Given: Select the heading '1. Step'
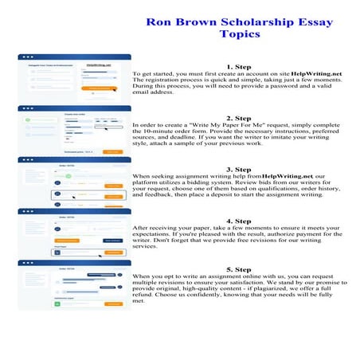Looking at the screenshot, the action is pos(239,67).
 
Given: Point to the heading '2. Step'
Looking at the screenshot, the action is pos(239,118).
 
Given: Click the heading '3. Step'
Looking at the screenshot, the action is pos(239,169).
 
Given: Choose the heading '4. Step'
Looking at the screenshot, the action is pos(239,221).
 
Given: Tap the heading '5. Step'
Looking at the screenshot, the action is pos(239,270).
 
